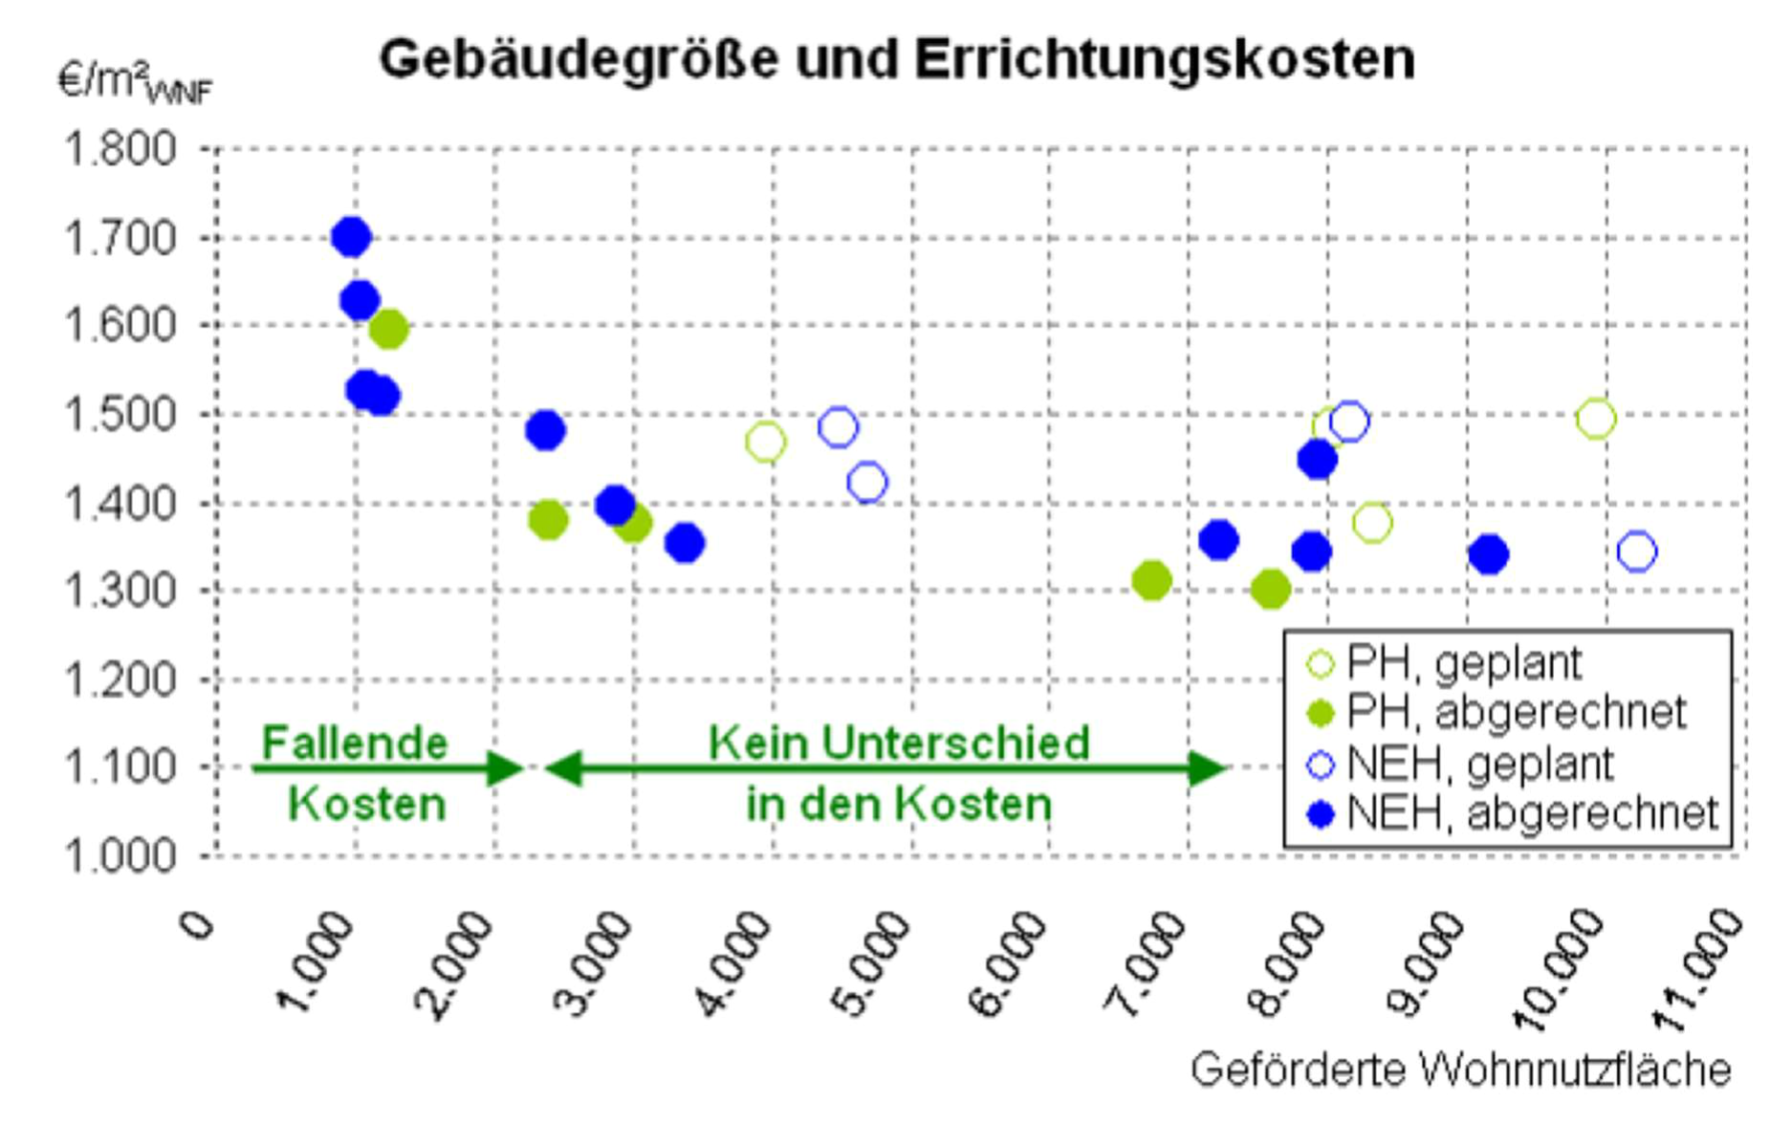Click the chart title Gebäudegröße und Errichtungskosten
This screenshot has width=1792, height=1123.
coord(896,59)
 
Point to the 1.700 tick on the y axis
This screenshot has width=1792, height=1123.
coord(120,238)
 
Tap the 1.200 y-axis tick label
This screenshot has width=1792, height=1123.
coord(120,680)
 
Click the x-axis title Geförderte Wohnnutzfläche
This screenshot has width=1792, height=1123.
coord(1460,1069)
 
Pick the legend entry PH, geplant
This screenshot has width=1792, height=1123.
coord(1463,662)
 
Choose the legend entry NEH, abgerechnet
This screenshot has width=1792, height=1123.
coord(1531,813)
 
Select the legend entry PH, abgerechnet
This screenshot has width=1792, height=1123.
coord(1516,712)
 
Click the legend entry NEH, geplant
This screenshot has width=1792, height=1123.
coord(1479,764)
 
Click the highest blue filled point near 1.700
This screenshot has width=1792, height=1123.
coord(351,237)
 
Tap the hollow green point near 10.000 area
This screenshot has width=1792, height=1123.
coord(1596,419)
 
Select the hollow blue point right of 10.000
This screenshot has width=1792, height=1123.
coord(1636,551)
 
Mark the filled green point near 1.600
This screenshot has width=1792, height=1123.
coord(387,330)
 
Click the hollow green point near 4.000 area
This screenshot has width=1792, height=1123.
coord(765,443)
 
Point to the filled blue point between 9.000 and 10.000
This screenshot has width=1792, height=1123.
coord(1488,554)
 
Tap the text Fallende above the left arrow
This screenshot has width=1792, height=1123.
coord(355,743)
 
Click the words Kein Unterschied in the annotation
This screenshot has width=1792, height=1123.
coord(898,743)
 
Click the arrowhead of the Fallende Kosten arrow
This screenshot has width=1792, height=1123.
coord(505,767)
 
